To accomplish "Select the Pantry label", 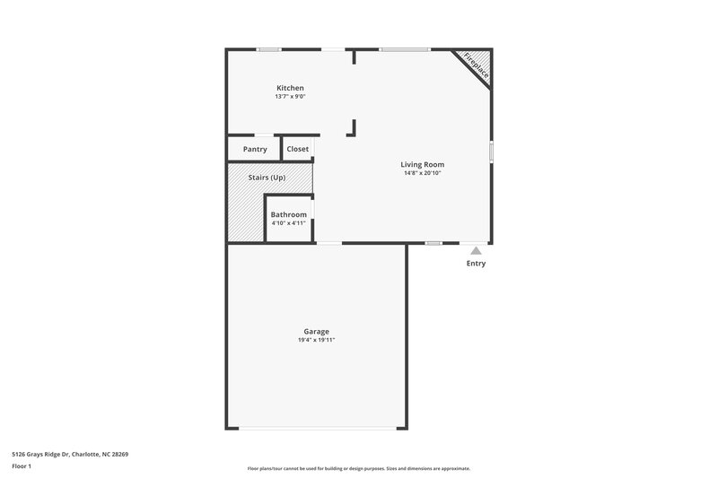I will pyautogui.click(x=255, y=149).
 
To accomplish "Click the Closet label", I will pyautogui.click(x=297, y=149).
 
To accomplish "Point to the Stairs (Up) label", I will pyautogui.click(x=267, y=178).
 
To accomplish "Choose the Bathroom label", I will pyautogui.click(x=289, y=215).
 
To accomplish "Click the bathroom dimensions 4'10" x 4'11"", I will pyautogui.click(x=289, y=224).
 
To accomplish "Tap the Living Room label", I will pyautogui.click(x=422, y=164).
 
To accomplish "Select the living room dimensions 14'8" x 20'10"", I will pyautogui.click(x=422, y=173).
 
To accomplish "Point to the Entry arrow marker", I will pyautogui.click(x=476, y=251).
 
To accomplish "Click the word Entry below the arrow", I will pyautogui.click(x=476, y=264).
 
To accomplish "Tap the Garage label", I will pyautogui.click(x=316, y=332).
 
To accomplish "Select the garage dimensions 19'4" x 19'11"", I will pyautogui.click(x=316, y=341).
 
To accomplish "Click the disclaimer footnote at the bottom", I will pyautogui.click(x=358, y=468).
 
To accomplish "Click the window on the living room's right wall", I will pyautogui.click(x=491, y=152).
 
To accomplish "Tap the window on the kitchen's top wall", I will pyautogui.click(x=269, y=49).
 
